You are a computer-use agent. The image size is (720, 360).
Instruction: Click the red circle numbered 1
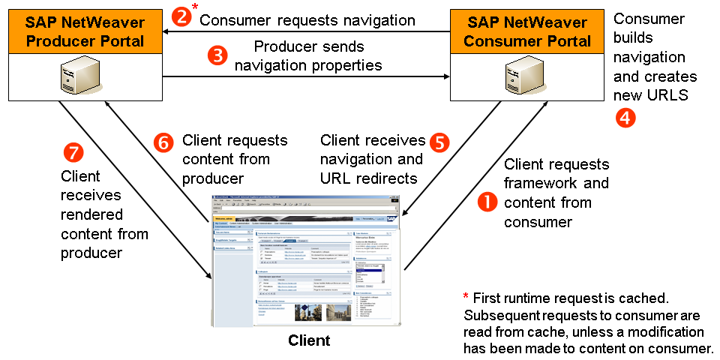click(x=488, y=201)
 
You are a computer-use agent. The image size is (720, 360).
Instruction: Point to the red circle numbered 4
click(x=624, y=116)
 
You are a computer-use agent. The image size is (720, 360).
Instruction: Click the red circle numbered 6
click(x=164, y=142)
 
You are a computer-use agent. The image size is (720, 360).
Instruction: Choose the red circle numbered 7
click(x=72, y=151)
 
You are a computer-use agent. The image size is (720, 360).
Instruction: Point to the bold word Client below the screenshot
click(x=309, y=340)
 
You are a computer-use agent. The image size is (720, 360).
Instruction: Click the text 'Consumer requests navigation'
click(x=307, y=20)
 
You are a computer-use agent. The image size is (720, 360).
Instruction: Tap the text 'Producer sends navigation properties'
click(x=308, y=55)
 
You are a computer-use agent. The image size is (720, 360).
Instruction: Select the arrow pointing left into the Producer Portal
click(x=171, y=31)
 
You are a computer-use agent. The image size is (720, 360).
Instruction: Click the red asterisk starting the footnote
click(x=466, y=297)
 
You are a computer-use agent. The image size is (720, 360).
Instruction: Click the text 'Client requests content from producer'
click(x=235, y=158)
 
